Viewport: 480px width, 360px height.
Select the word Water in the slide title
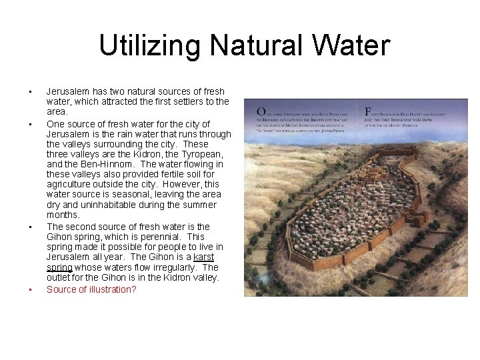(354, 46)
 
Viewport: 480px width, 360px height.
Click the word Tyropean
(202, 154)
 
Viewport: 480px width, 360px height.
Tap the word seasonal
(109, 194)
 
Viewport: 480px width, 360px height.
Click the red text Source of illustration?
(91, 290)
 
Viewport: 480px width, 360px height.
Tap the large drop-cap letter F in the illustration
(368, 111)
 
